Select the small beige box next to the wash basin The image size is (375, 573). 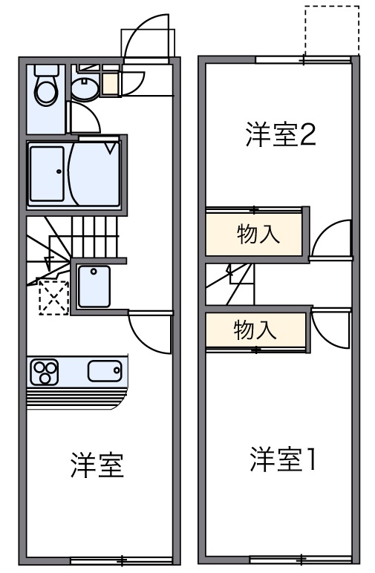110,84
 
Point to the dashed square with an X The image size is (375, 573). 53,298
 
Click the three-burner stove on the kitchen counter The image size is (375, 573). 44,372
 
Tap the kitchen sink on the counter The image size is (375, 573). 104,370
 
